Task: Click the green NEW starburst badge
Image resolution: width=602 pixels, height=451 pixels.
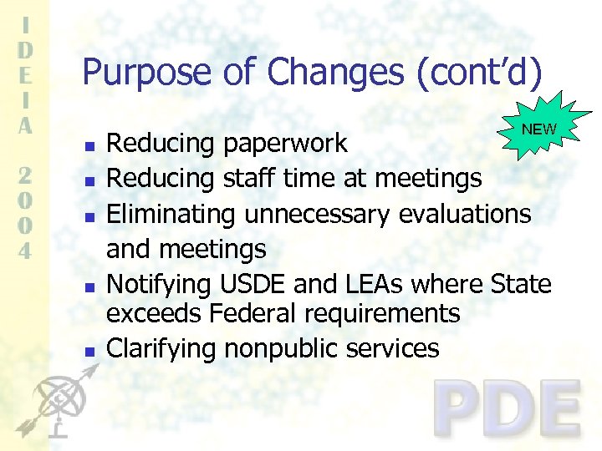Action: point(538,128)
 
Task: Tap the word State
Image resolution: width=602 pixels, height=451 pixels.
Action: point(521,285)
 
